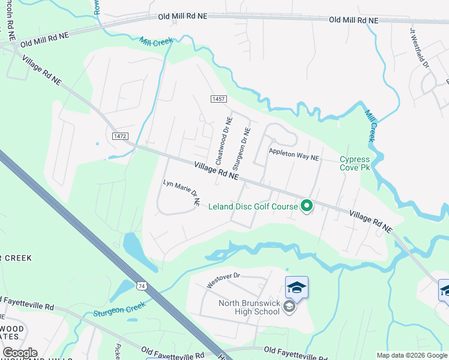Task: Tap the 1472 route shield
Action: coord(119,136)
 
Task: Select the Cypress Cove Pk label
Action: coord(355,163)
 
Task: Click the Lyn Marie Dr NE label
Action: coord(182,192)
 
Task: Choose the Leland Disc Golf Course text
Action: coord(253,207)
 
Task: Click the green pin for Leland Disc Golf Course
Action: coord(307,206)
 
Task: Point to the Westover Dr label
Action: coord(223,280)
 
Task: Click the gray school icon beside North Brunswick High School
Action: coord(289,308)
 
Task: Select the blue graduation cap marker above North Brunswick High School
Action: coord(297,287)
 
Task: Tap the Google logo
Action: coord(20,353)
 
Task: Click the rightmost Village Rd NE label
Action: coord(370,221)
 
